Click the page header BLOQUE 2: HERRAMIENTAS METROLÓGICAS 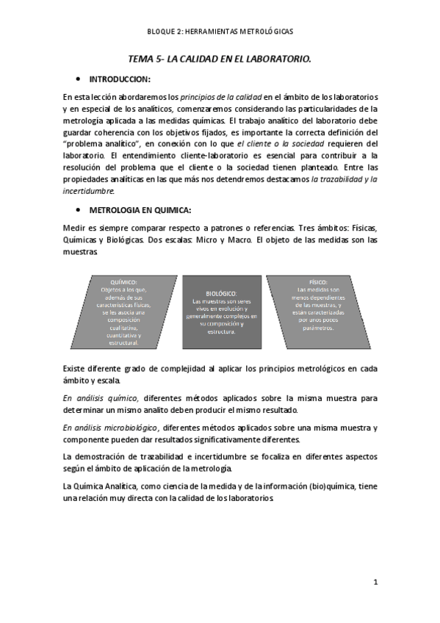click(220, 32)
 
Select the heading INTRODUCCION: click(120, 79)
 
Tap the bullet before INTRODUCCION click(78, 79)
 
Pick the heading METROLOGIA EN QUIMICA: click(140, 209)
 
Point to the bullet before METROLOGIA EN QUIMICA click(78, 209)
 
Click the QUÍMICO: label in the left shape click(123, 283)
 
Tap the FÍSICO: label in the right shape click(317, 281)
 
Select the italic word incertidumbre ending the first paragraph click(88, 190)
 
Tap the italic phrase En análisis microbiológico click(110, 428)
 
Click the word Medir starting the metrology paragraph click(74, 228)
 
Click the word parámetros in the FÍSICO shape click(317, 328)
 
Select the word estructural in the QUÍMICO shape click(123, 342)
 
